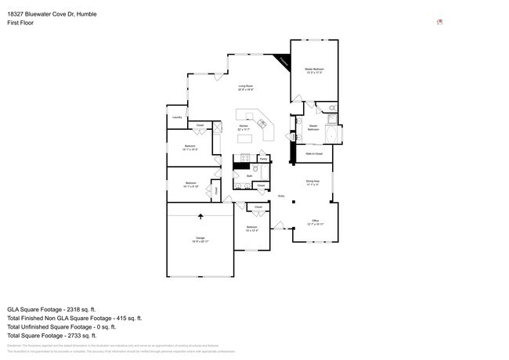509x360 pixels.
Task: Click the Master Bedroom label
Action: pos(314,70)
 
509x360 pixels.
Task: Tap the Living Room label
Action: pos(246,88)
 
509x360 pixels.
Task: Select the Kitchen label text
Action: pos(244,126)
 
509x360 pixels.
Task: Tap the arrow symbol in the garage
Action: pos(200,215)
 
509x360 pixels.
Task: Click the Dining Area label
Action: pos(311,184)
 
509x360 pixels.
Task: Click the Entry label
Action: pos(280,196)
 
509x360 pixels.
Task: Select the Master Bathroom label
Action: pos(312,127)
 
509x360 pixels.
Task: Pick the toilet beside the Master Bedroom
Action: pos(333,107)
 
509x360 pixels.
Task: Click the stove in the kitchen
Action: pos(244,167)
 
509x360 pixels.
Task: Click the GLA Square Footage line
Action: pos(61,309)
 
